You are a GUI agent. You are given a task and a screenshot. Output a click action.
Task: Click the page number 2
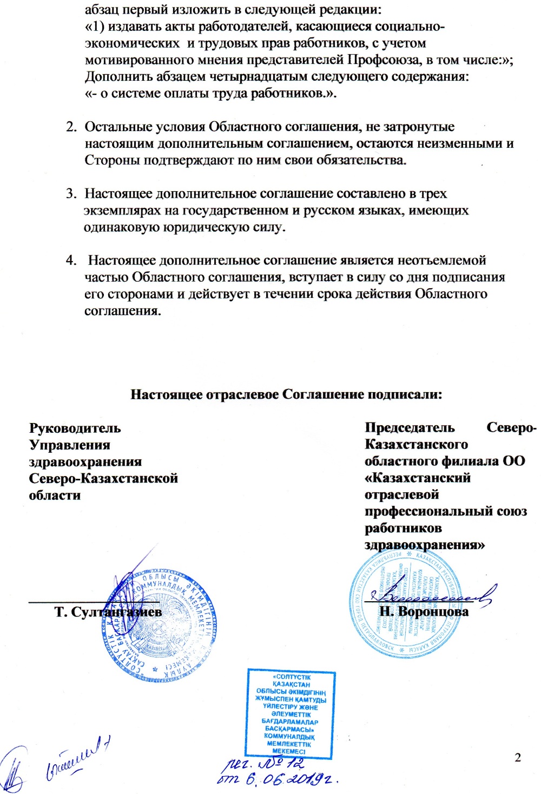(518, 757)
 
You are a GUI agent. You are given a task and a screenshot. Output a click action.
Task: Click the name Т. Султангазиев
(108, 612)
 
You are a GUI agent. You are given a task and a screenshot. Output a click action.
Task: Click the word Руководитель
(75, 428)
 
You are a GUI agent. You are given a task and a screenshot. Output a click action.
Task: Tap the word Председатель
(410, 427)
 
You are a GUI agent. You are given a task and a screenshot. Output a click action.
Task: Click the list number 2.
(71, 127)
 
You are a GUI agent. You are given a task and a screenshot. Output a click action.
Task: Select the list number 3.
(71, 193)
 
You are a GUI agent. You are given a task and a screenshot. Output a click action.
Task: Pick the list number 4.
(71, 261)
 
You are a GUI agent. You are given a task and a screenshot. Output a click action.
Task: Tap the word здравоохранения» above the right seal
(425, 545)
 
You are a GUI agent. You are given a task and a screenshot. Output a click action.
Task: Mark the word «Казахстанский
(417, 478)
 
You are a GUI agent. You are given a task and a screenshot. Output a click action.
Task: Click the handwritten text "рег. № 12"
(265, 764)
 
